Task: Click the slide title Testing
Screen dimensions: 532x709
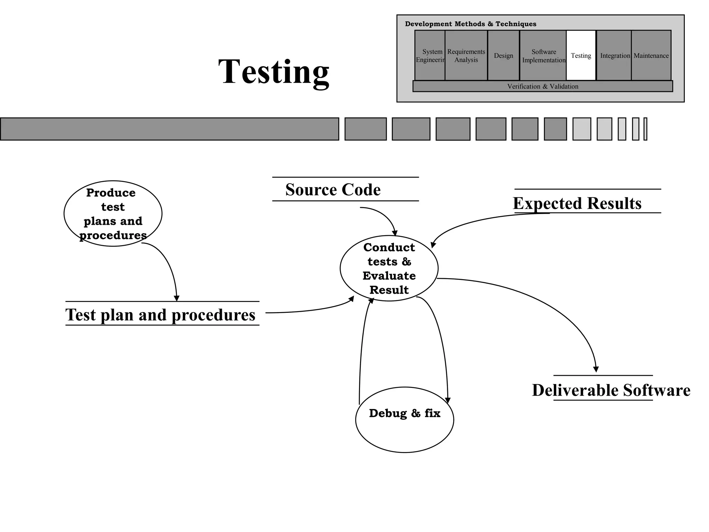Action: tap(273, 72)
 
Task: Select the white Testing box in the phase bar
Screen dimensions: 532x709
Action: tap(581, 55)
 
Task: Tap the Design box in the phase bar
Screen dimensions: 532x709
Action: tap(503, 55)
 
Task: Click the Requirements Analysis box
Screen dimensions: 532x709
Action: tap(466, 55)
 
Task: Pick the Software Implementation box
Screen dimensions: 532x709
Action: tap(543, 55)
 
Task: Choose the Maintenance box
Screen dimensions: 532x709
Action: tap(651, 55)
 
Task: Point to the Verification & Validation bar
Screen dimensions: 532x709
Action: tap(542, 86)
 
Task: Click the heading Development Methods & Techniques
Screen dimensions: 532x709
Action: tap(470, 24)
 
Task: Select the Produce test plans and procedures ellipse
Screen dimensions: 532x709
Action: tap(113, 214)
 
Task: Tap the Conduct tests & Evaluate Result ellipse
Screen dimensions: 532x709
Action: tap(389, 268)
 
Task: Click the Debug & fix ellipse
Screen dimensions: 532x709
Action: tap(404, 420)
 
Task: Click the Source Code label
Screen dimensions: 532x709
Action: tap(333, 189)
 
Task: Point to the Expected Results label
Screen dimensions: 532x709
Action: tap(577, 203)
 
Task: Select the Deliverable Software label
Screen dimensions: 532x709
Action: tap(611, 390)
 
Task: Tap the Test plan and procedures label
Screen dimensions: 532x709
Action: tap(160, 314)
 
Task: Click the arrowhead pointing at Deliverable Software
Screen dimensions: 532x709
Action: tap(596, 369)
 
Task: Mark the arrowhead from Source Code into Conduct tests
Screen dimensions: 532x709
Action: tap(395, 233)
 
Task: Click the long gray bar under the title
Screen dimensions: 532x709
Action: tap(169, 129)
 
